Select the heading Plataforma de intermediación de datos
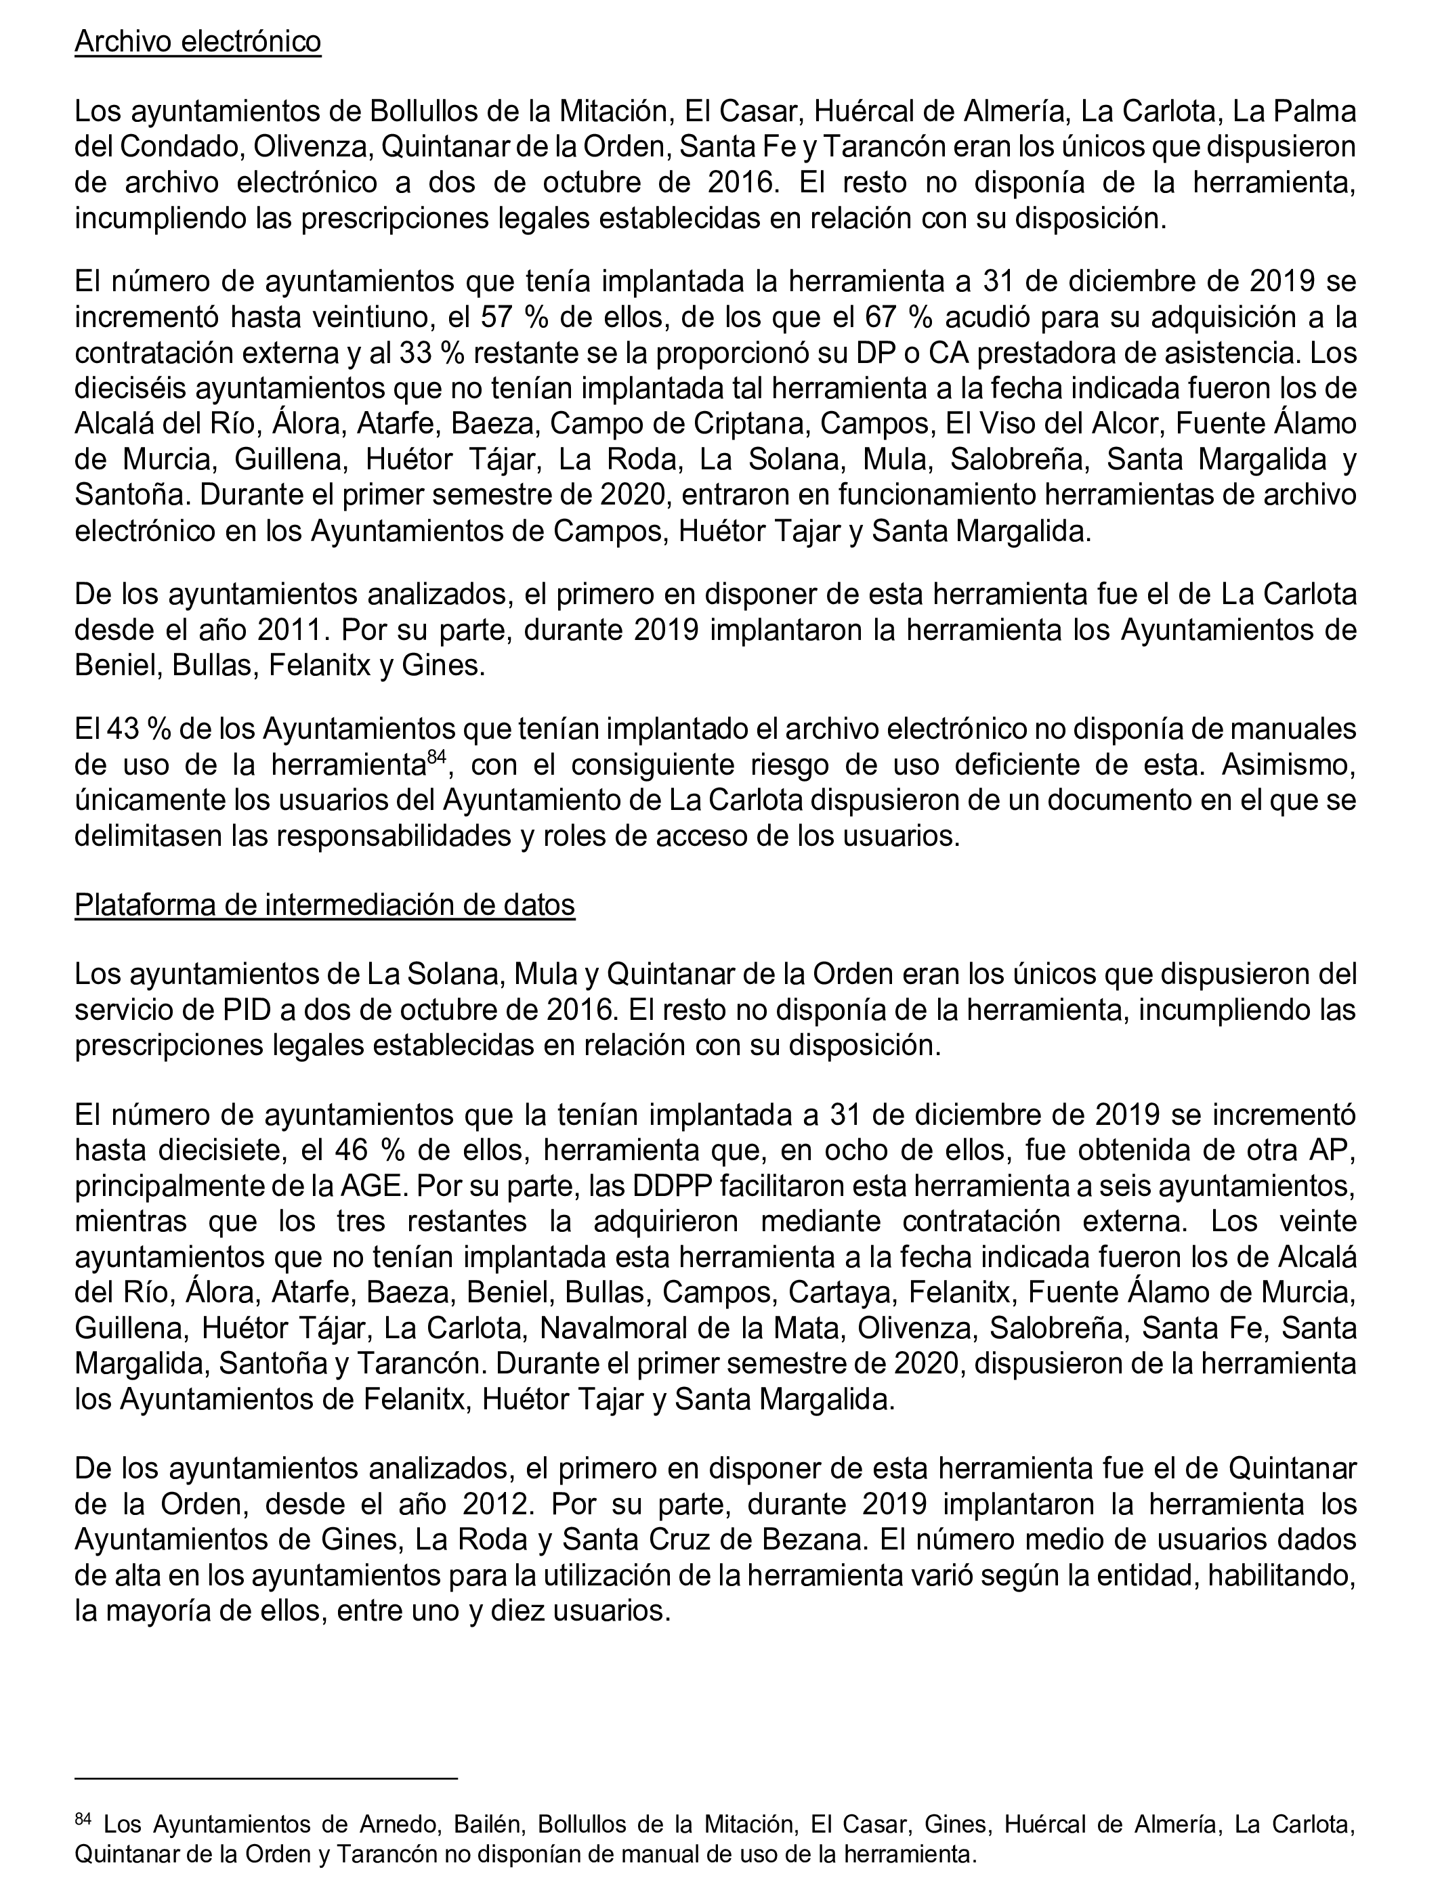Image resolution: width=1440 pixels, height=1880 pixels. point(325,904)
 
